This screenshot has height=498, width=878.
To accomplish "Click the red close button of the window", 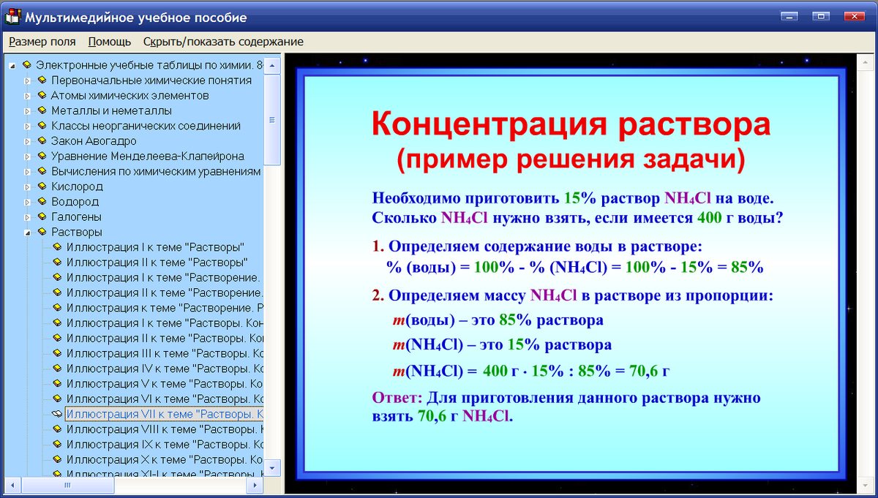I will [854, 16].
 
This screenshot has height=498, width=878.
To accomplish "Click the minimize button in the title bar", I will [789, 16].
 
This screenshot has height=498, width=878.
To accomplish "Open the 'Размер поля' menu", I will [42, 42].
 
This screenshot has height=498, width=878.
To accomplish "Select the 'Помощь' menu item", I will [110, 42].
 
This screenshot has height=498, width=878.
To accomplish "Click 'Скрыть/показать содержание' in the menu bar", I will [223, 42].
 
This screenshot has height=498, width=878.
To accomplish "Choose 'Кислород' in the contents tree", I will [77, 186].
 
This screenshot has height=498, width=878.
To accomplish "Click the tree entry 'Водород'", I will [75, 202].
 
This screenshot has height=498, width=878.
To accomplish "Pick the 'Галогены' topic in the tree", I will [76, 217].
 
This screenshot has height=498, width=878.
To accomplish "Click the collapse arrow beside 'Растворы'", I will [28, 233].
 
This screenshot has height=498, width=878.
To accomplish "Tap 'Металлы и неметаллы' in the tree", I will [111, 110].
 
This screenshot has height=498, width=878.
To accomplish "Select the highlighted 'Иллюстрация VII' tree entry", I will [164, 414].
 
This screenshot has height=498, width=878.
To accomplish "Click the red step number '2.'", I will [378, 295].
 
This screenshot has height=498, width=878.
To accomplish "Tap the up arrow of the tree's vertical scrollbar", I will [272, 66].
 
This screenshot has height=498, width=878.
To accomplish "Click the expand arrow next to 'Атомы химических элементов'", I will [28, 96].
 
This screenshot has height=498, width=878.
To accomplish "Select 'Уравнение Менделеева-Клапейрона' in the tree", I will [147, 156].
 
